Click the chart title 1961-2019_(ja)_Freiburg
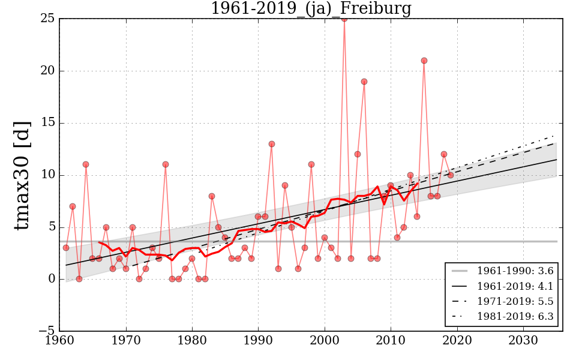click(311, 8)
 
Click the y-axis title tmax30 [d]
click(22, 175)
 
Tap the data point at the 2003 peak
click(344, 19)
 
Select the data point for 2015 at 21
click(424, 61)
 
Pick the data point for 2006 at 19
click(364, 82)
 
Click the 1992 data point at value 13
click(272, 144)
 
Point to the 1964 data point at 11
click(86, 164)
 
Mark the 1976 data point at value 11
click(166, 164)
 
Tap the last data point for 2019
click(451, 175)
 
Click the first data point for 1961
click(66, 248)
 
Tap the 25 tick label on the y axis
click(48, 19)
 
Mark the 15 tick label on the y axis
click(48, 123)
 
